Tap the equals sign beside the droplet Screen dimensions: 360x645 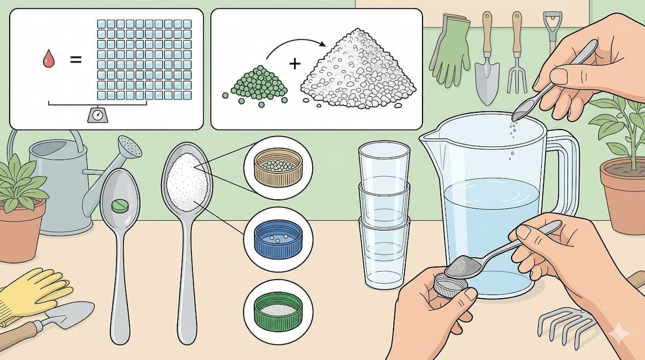(x=76, y=59)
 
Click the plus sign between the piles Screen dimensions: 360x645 (x=294, y=64)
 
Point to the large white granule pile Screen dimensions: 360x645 (x=358, y=70)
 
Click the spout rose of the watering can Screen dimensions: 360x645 (x=130, y=146)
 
